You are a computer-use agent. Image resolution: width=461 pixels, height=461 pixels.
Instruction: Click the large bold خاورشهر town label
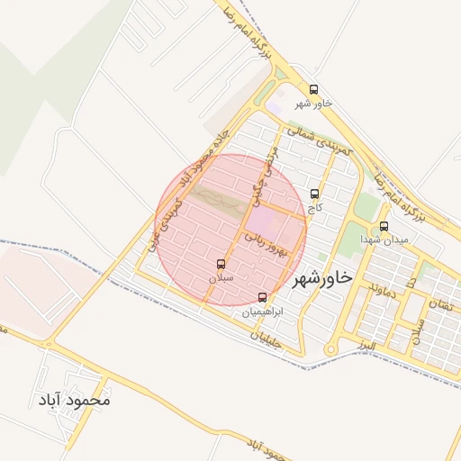[x=321, y=277]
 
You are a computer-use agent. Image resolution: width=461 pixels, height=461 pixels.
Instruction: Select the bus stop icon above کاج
[x=314, y=194]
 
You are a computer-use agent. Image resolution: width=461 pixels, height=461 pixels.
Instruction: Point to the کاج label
[x=314, y=207]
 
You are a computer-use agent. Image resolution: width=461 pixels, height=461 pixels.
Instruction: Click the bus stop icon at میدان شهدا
[x=384, y=226]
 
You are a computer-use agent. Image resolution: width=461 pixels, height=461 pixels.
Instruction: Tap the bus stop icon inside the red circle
[x=221, y=265]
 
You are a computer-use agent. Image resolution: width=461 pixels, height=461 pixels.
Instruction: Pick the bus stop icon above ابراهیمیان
[x=263, y=297]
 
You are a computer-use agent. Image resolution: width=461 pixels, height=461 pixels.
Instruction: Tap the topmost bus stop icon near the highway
[x=313, y=90]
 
